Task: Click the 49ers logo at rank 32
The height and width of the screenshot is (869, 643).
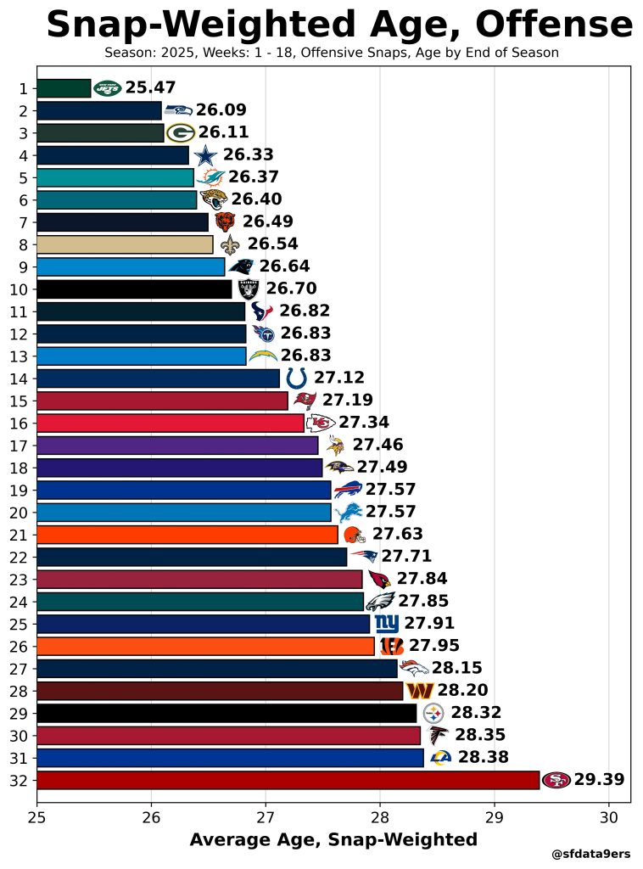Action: tap(556, 780)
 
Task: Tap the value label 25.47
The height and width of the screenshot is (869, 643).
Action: tap(150, 88)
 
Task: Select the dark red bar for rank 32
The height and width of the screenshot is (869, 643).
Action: tap(288, 780)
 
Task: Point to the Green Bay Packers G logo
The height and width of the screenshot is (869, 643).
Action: tap(181, 133)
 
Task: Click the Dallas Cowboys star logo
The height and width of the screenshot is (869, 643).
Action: tap(205, 155)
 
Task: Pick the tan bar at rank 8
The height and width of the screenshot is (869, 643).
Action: tap(125, 244)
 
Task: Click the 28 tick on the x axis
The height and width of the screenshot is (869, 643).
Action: tap(380, 818)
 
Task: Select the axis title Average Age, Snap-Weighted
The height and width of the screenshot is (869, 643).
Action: tap(333, 840)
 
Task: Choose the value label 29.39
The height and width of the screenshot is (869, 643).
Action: tap(599, 780)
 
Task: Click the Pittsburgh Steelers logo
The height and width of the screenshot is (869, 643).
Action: tap(433, 713)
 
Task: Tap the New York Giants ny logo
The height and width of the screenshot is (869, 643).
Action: tap(387, 624)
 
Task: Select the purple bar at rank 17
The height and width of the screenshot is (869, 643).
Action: tap(177, 445)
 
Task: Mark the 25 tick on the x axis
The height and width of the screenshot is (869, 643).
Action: tap(37, 818)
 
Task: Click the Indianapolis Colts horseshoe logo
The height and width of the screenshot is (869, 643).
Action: tap(296, 378)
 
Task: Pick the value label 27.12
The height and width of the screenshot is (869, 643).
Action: tap(339, 378)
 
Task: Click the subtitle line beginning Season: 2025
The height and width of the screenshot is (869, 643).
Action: tap(332, 53)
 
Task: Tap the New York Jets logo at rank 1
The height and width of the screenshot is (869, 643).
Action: tap(108, 88)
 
